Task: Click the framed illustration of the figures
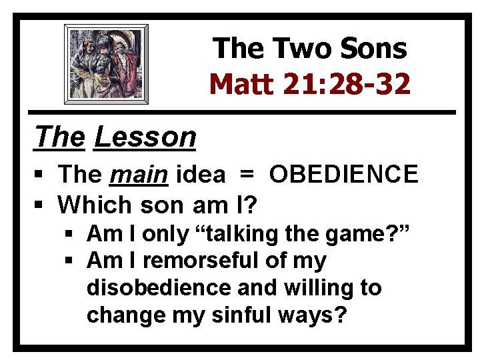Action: click(106, 64)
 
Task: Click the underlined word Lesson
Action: click(145, 137)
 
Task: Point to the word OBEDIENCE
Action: click(343, 175)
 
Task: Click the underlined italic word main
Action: click(139, 175)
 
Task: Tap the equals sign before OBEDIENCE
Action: click(247, 175)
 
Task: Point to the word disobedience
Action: click(158, 288)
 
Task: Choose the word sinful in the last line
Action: click(254, 315)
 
